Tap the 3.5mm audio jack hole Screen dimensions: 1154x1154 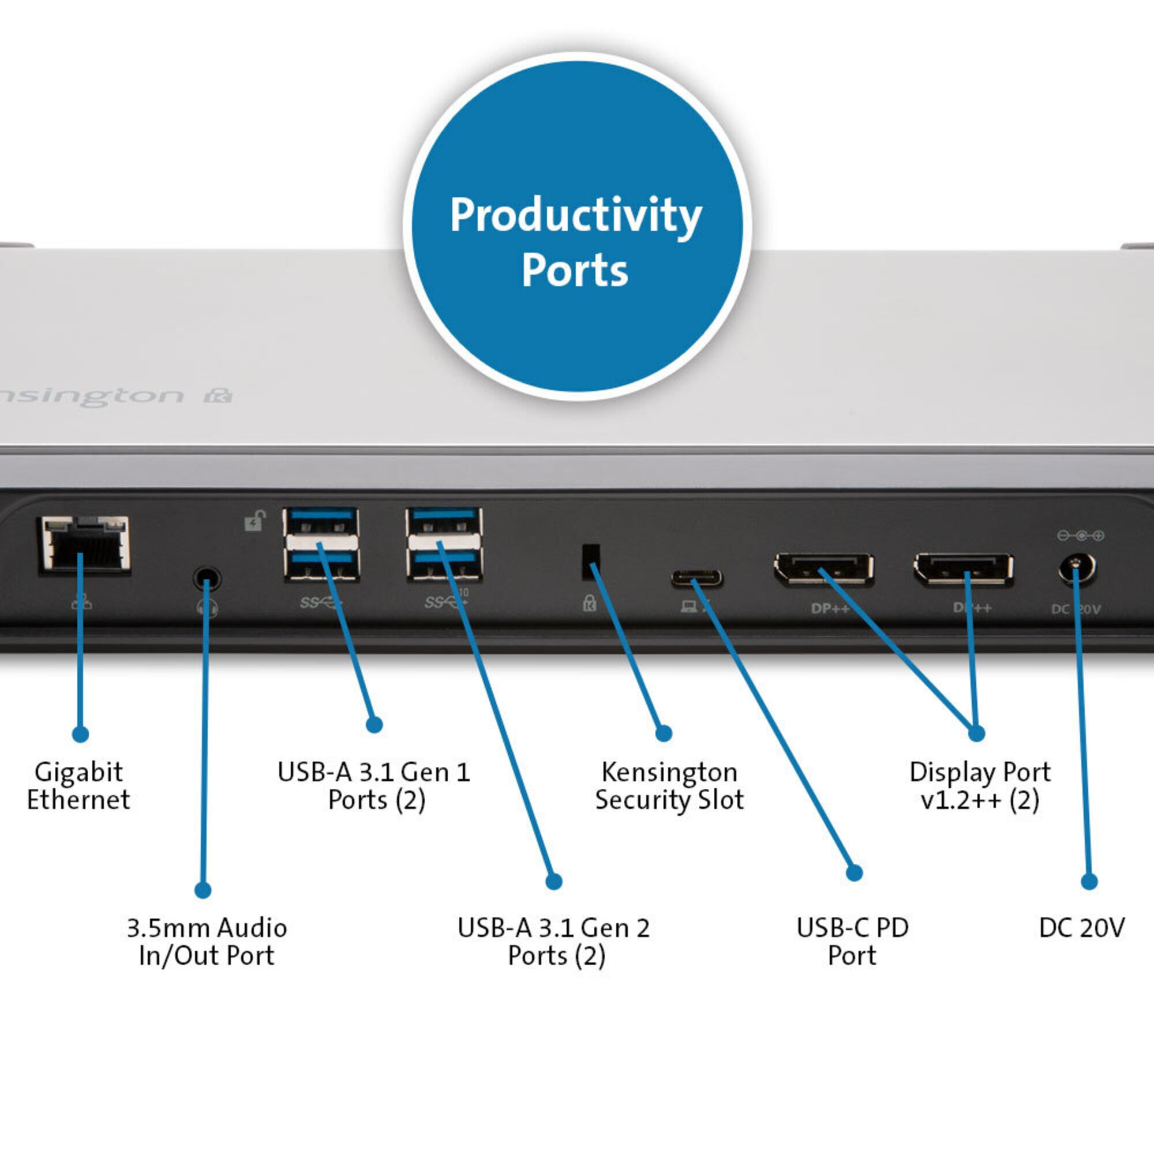pos(207,578)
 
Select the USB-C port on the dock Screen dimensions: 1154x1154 pos(696,578)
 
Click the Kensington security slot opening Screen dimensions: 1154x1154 pos(590,561)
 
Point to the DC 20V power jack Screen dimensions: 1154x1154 pos(1077,569)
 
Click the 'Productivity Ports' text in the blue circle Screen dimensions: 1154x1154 pos(576,242)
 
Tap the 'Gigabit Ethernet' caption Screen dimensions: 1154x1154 pos(78,786)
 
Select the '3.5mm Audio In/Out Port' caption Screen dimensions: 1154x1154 pos(207,942)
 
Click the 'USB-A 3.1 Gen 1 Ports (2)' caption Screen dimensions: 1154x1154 pos(374,786)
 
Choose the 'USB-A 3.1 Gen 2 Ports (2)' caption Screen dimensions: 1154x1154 pos(554,942)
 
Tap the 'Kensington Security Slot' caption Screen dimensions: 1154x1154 pos(669,786)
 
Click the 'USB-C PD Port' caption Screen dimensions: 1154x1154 pos(852,942)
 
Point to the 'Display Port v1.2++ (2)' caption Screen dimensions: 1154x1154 pos(980,786)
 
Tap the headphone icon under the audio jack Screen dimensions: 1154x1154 pos(207,608)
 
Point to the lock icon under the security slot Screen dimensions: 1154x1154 pos(590,603)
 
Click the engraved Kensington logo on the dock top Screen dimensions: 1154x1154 pos(114,396)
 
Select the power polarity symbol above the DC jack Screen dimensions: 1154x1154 pos(1081,535)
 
